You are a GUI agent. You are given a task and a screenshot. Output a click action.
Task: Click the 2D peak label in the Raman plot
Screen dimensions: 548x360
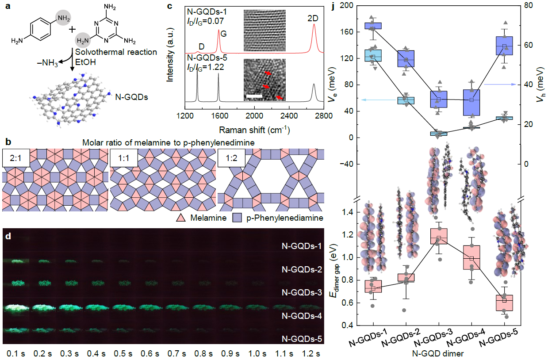coord(313,18)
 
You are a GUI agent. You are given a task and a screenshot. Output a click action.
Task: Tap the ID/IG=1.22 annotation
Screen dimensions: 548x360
coord(206,67)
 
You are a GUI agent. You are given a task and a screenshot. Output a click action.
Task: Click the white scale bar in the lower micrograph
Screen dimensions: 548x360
coord(254,96)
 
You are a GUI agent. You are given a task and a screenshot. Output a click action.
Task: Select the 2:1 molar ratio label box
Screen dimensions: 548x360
coord(16,158)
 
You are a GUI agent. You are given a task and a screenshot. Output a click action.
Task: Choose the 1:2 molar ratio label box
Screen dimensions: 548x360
coord(231,158)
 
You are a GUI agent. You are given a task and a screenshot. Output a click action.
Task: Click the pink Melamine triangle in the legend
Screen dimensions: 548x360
coord(181,218)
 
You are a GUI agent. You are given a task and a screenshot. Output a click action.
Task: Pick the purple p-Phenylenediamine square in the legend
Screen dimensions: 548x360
coord(237,218)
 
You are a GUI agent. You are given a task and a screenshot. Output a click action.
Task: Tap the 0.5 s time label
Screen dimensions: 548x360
coord(123,354)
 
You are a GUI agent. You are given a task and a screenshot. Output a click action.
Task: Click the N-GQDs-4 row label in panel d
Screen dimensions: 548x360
coord(302,316)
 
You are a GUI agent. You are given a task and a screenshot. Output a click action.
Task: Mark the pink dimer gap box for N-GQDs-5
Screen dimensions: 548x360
coord(504,303)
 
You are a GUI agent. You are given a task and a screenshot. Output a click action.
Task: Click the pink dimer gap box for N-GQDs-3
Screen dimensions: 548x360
coord(439,236)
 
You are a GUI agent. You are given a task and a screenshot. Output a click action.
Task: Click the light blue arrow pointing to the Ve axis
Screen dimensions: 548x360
coord(379,100)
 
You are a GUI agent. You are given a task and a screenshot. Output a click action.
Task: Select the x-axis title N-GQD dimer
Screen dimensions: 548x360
coord(438,353)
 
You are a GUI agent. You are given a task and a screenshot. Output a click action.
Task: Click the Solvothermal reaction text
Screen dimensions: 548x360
coord(116,52)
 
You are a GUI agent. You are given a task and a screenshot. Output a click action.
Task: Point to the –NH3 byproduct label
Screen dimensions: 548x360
coord(47,63)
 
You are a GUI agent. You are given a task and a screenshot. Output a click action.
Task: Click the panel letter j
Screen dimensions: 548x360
coord(333,6)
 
